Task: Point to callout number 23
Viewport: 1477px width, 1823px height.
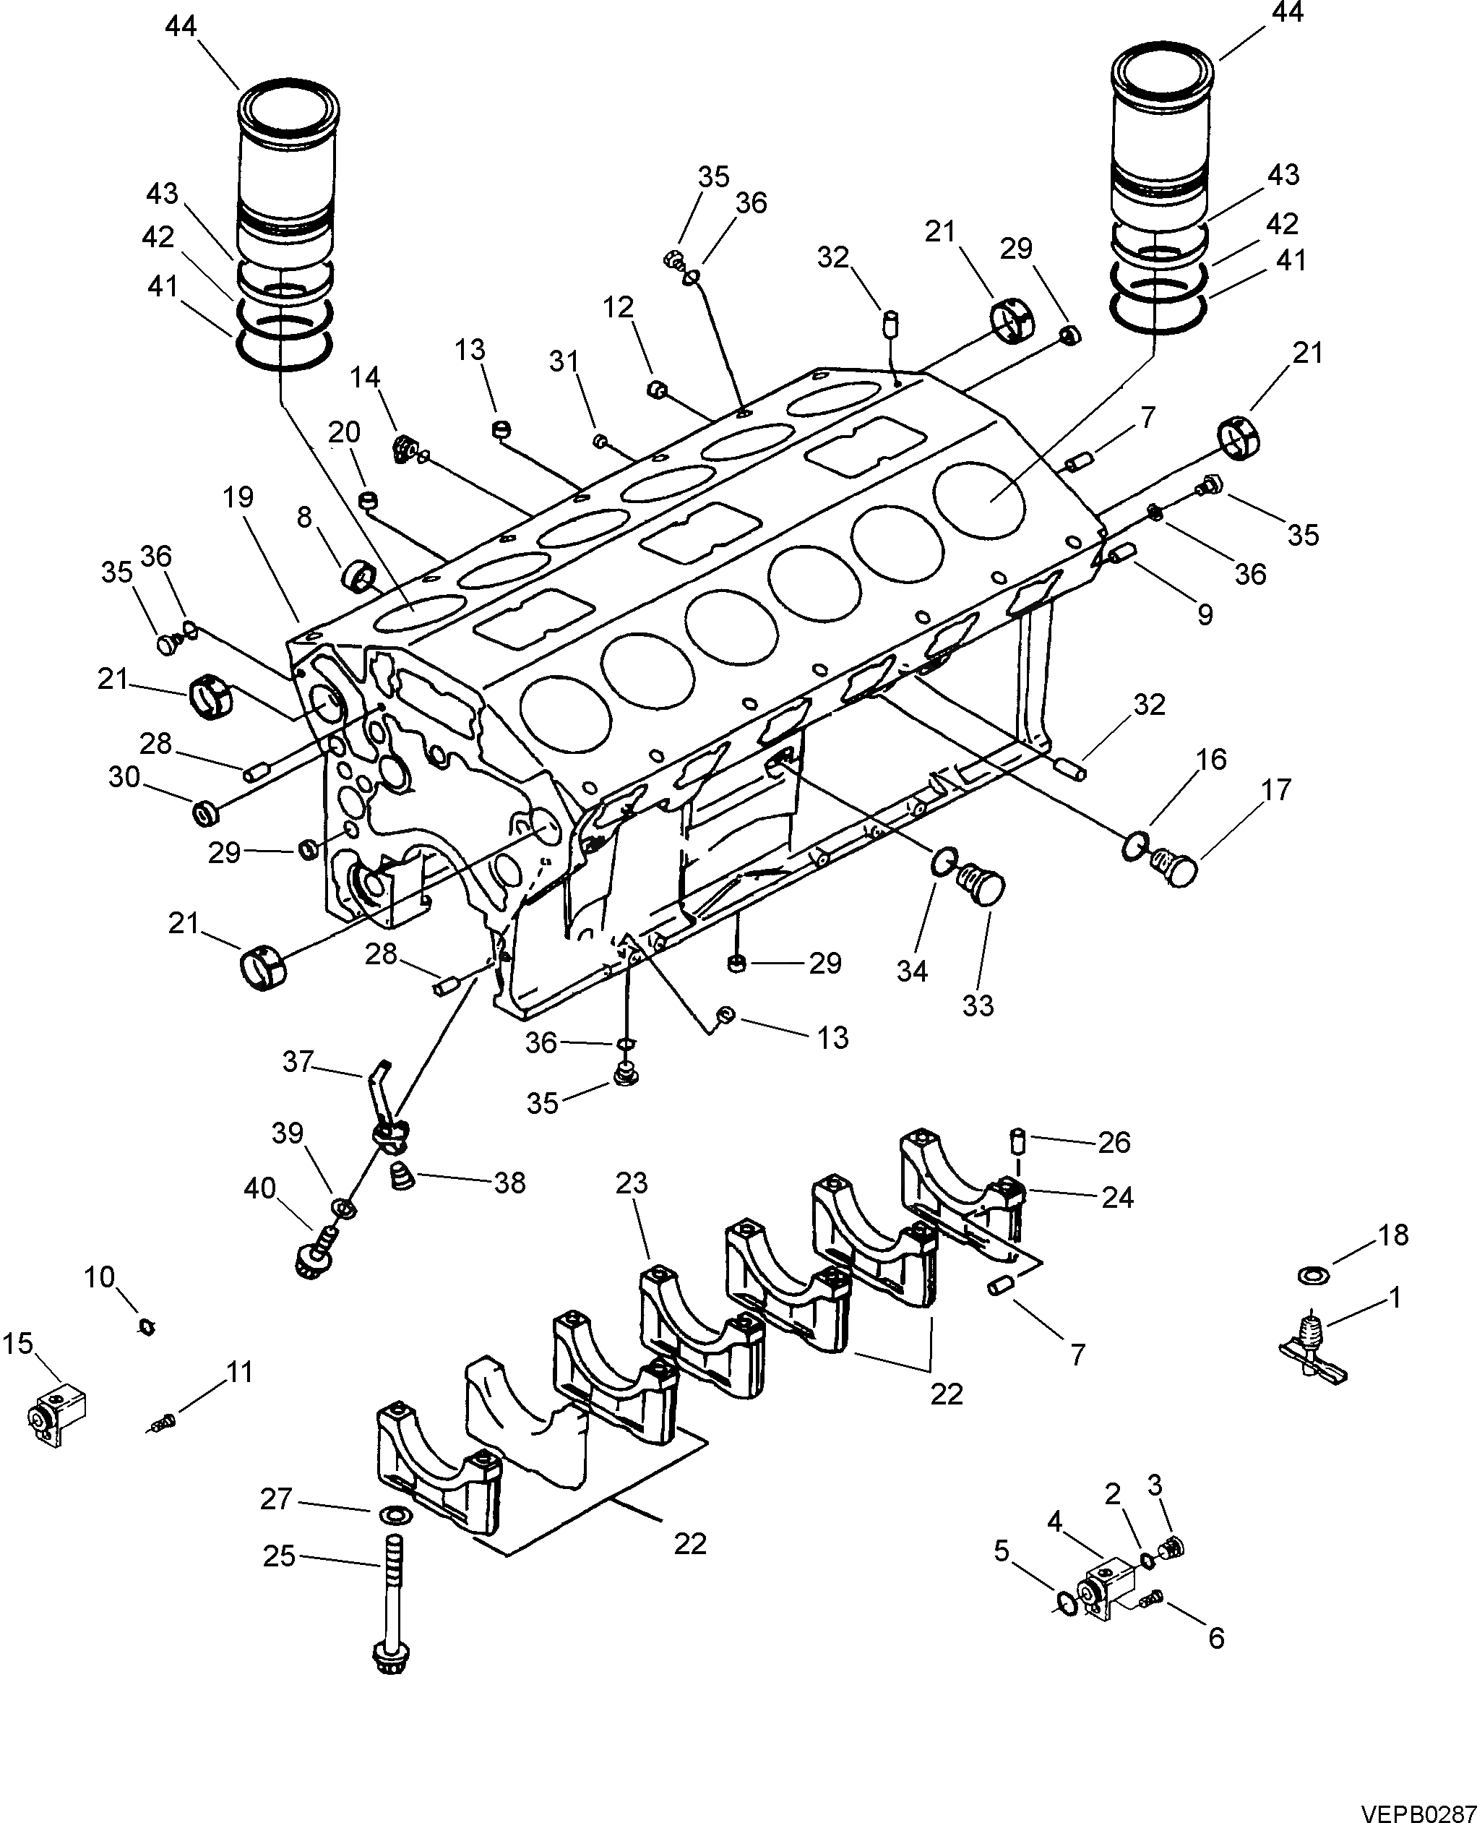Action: click(632, 1183)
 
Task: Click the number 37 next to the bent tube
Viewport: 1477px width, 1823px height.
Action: click(298, 1061)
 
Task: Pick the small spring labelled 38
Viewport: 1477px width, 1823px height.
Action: click(400, 1178)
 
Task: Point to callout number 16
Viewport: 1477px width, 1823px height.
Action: click(1212, 759)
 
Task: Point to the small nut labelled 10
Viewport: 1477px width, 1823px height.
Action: click(145, 1326)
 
